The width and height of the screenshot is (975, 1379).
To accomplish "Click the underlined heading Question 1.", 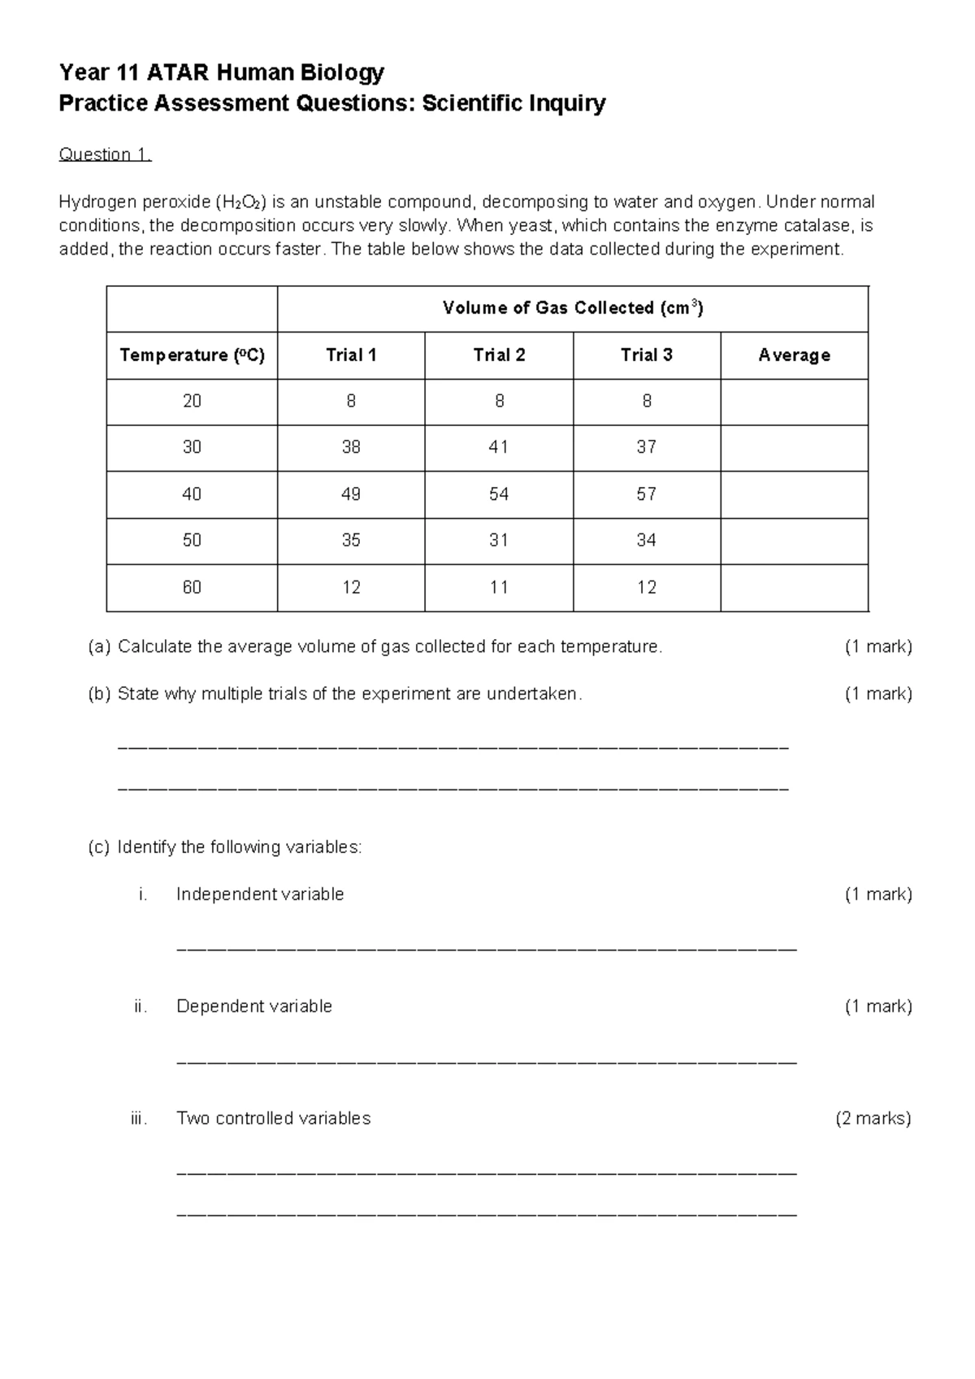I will pyautogui.click(x=105, y=154).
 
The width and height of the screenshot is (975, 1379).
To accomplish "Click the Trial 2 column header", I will pyautogui.click(x=499, y=355).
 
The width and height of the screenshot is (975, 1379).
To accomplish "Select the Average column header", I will pyautogui.click(x=794, y=355).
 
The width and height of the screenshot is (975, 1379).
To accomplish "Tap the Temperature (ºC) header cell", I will pyautogui.click(x=192, y=355).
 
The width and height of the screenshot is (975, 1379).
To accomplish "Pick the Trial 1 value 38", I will pyautogui.click(x=351, y=447).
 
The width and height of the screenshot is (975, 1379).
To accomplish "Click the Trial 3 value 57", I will pyautogui.click(x=647, y=494).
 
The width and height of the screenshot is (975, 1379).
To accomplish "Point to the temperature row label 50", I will pyautogui.click(x=192, y=540).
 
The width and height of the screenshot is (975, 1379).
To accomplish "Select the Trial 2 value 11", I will pyautogui.click(x=499, y=587).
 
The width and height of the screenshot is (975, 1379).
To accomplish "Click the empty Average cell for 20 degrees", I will pyautogui.click(x=794, y=402).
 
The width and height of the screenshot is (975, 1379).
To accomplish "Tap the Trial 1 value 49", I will pyautogui.click(x=351, y=494).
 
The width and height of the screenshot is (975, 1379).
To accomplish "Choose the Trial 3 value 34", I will pyautogui.click(x=647, y=540).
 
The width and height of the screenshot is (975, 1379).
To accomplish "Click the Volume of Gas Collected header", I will pyautogui.click(x=572, y=307).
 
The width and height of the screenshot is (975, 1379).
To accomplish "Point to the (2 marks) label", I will pyautogui.click(x=873, y=1118).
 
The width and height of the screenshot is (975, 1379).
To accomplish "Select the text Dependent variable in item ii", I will pyautogui.click(x=253, y=1006).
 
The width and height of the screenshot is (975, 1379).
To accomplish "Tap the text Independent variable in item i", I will pyautogui.click(x=260, y=894).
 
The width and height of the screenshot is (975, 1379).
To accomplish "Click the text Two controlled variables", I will pyautogui.click(x=273, y=1118).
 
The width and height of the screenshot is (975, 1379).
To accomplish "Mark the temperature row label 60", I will pyautogui.click(x=192, y=587).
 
